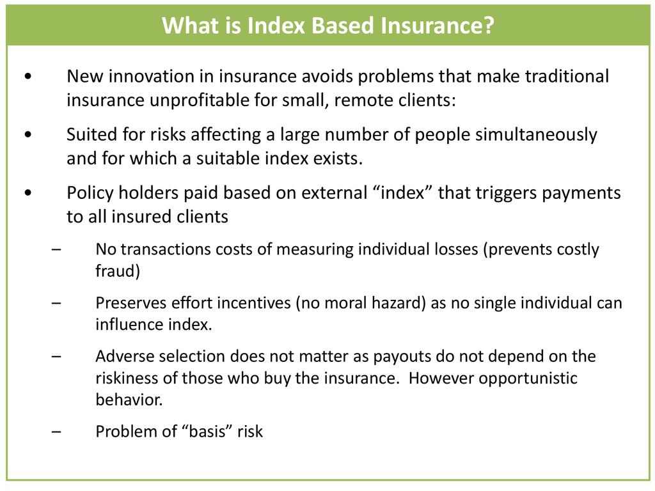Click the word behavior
pos(127,400)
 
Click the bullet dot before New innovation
pos(28,77)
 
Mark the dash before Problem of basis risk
pos(56,432)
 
